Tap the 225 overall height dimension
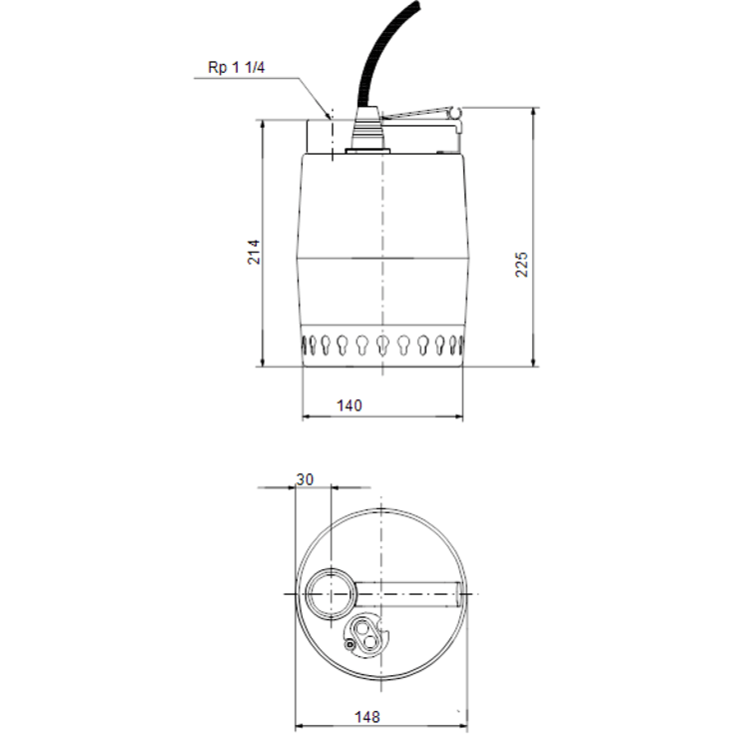(521, 263)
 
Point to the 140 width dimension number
(349, 404)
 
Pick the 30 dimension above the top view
(306, 479)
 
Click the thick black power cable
(376, 50)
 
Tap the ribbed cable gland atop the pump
(369, 133)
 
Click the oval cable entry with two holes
(367, 631)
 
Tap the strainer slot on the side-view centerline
(382, 345)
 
